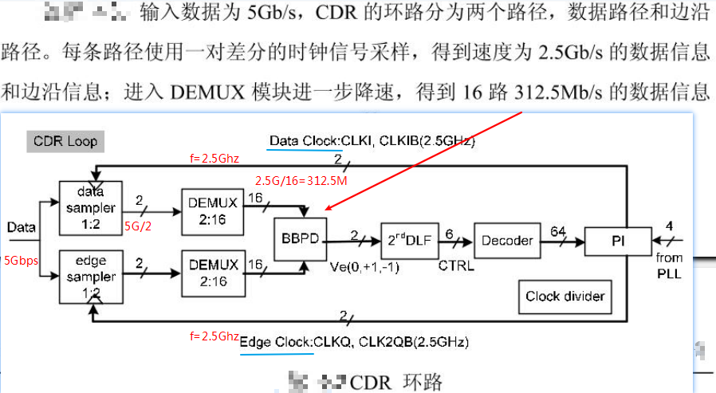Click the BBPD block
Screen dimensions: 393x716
tap(301, 237)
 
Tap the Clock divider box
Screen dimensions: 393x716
tap(565, 297)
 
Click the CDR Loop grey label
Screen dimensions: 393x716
tap(65, 141)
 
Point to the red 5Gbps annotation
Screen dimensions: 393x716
tap(21, 260)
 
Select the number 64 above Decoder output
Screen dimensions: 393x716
tap(558, 230)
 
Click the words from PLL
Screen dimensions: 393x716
tap(670, 265)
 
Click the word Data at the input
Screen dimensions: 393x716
tap(21, 227)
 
